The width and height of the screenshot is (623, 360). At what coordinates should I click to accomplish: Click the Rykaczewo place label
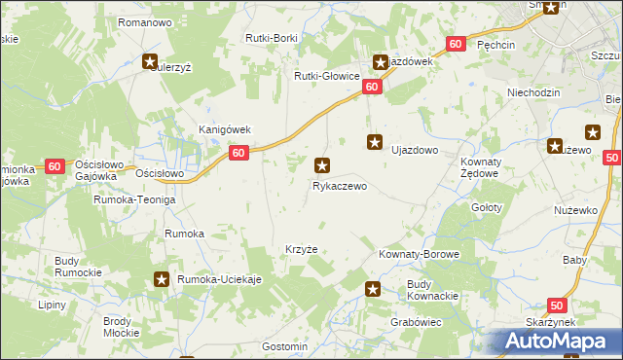pyautogui.click(x=339, y=185)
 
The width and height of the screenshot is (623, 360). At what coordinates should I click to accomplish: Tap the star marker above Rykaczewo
pyautogui.click(x=323, y=165)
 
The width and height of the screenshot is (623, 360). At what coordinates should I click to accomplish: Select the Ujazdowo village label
pyautogui.click(x=415, y=152)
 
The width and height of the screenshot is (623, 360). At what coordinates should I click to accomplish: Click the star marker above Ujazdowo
pyautogui.click(x=374, y=142)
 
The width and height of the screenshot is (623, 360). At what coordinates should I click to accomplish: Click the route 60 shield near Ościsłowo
pyautogui.click(x=54, y=166)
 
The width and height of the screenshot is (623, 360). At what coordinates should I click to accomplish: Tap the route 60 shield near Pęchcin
pyautogui.click(x=456, y=44)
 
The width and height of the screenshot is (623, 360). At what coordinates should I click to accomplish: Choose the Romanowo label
pyautogui.click(x=144, y=21)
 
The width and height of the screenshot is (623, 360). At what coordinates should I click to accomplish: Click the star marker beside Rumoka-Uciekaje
pyautogui.click(x=163, y=280)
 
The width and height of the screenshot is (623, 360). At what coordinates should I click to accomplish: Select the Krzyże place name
pyautogui.click(x=302, y=248)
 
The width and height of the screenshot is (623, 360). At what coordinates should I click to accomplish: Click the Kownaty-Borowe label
pyautogui.click(x=419, y=254)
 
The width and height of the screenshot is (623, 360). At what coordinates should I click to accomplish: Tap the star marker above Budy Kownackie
pyautogui.click(x=372, y=288)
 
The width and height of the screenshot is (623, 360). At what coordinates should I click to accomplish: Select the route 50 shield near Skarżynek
pyautogui.click(x=555, y=305)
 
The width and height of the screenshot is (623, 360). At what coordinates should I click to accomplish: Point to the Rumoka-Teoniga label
pyautogui.click(x=133, y=199)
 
